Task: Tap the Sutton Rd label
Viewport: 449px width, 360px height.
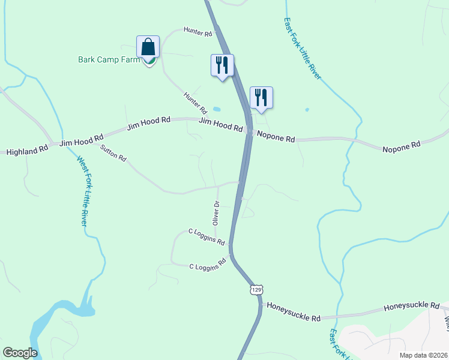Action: click(113, 154)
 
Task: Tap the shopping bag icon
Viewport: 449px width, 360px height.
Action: click(148, 47)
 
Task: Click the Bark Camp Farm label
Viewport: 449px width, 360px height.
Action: click(109, 59)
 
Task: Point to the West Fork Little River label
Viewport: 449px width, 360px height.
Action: click(83, 191)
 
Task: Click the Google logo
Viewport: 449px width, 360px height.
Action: click(20, 353)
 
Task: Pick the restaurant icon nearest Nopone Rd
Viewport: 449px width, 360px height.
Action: click(261, 97)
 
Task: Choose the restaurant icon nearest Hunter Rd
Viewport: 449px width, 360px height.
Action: click(222, 65)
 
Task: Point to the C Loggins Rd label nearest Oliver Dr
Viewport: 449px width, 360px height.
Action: click(206, 237)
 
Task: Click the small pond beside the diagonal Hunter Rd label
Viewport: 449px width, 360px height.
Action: click(216, 109)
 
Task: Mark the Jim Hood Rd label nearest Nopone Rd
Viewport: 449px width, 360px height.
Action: click(220, 125)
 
